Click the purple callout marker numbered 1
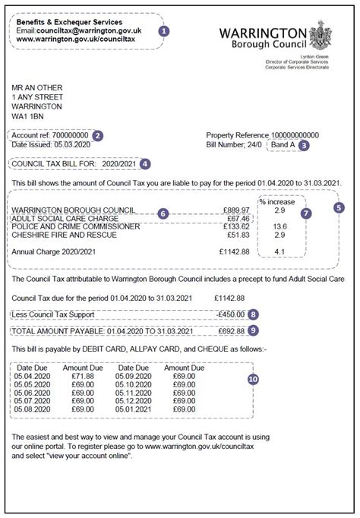[164, 31]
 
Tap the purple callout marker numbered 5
[339, 207]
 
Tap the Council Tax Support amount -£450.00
[231, 314]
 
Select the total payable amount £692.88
[231, 331]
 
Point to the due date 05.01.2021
[133, 409]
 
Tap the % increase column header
[278, 202]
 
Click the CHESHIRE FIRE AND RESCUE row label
[64, 235]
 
